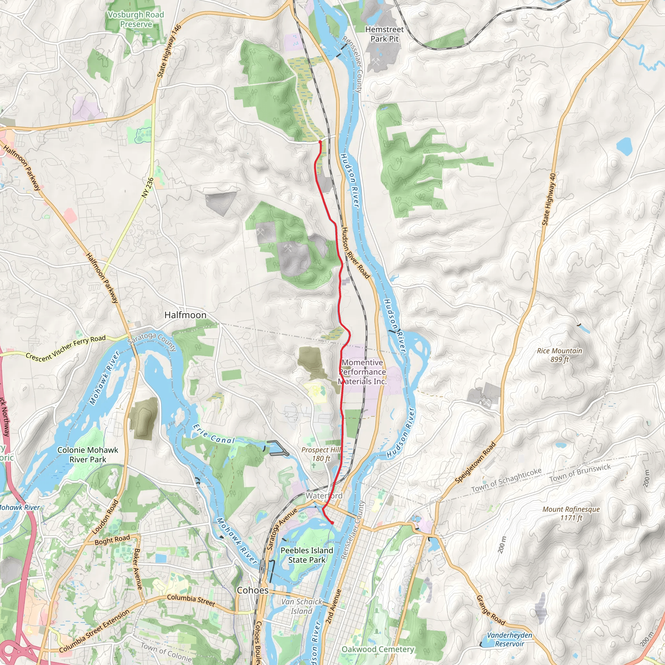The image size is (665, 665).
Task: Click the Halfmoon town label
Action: pyautogui.click(x=185, y=315)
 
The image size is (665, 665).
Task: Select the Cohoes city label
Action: pyautogui.click(x=252, y=590)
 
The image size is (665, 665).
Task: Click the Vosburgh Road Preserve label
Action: pyautogui.click(x=136, y=19)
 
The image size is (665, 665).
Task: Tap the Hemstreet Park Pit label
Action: pyautogui.click(x=384, y=34)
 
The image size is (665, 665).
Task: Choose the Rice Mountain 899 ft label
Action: pyautogui.click(x=559, y=355)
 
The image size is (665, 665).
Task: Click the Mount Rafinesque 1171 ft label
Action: pyautogui.click(x=571, y=513)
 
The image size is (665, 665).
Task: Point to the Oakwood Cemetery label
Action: pyautogui.click(x=378, y=649)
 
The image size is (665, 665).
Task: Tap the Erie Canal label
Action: pyautogui.click(x=213, y=434)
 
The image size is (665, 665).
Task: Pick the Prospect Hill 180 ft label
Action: pyautogui.click(x=320, y=454)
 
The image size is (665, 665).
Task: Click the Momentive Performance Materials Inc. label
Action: pyautogui.click(x=362, y=372)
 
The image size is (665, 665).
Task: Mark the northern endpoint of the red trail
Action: pyautogui.click(x=320, y=142)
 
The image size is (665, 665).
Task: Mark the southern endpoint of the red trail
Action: pyautogui.click(x=332, y=523)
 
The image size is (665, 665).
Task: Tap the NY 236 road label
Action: pyautogui.click(x=147, y=188)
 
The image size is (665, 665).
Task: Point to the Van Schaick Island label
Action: pyautogui.click(x=301, y=606)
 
